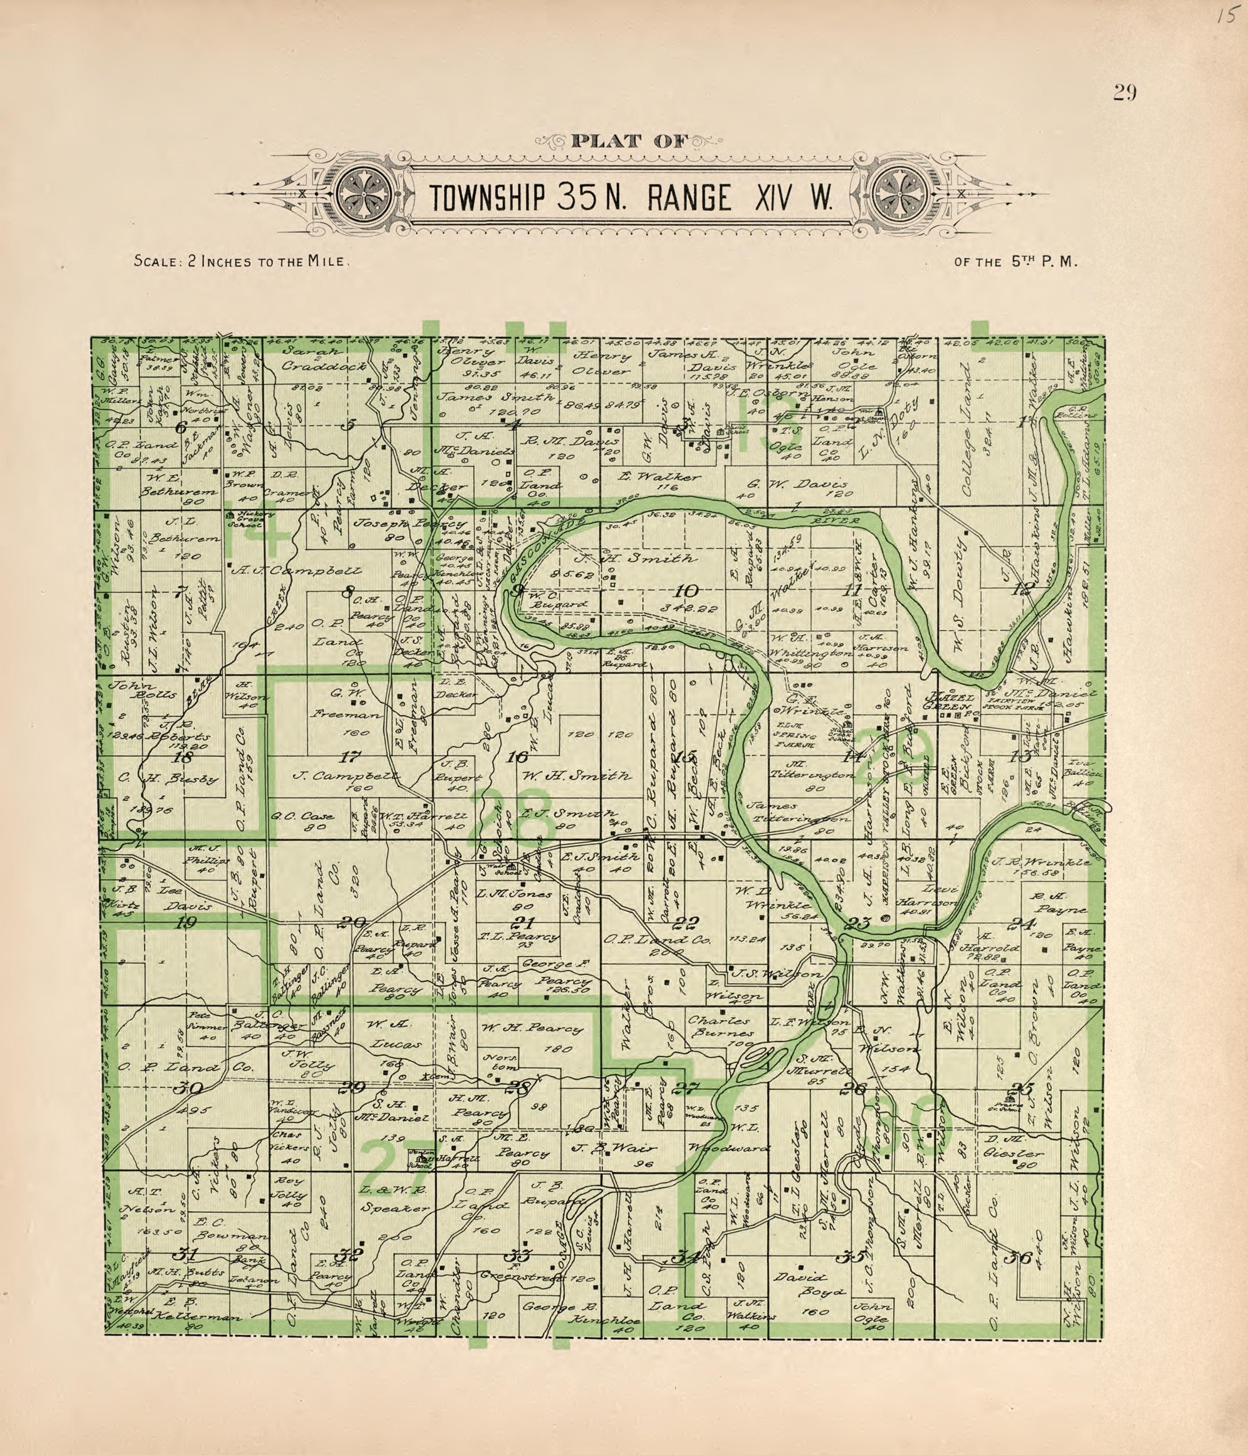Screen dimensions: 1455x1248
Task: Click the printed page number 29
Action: click(x=1124, y=93)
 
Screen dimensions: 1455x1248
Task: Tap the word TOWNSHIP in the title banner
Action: click(x=487, y=199)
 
